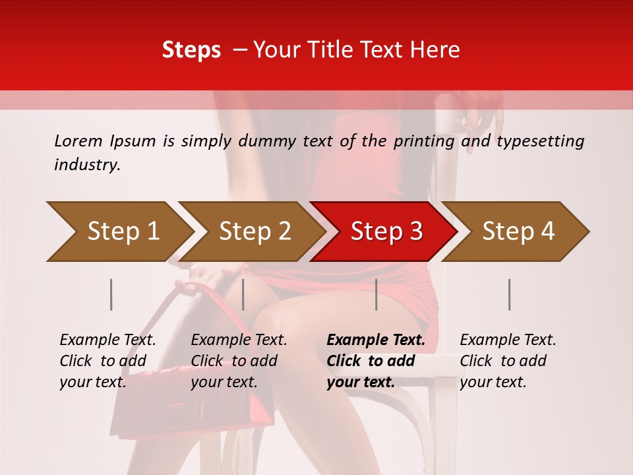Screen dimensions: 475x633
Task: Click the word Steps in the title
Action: pos(191,50)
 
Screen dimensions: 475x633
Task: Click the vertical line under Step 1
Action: pos(111,294)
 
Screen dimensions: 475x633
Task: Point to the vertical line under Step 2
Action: pos(243,294)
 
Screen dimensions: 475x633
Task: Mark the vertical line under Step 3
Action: pos(377,294)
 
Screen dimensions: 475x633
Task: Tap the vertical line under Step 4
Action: pos(510,294)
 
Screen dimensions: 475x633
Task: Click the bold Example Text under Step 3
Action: pos(376,361)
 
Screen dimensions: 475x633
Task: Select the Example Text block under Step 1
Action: pos(107,361)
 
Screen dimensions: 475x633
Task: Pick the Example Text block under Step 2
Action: pos(239,361)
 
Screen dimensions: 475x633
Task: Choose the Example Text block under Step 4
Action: pos(508,361)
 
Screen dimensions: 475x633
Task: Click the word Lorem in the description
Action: pos(78,141)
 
